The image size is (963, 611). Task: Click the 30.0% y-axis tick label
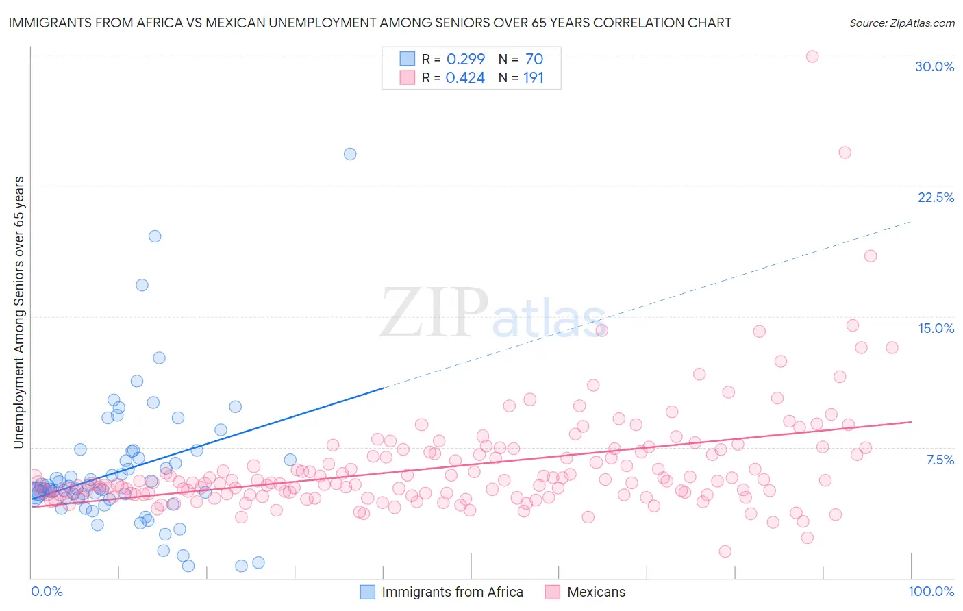coord(934,66)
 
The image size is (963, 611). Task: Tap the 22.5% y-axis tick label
coord(936,197)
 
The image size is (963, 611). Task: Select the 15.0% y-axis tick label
coord(936,328)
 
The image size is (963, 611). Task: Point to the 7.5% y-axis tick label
coord(940,460)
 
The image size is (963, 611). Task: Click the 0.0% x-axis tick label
coord(47,591)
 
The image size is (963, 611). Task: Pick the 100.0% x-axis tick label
coord(931,591)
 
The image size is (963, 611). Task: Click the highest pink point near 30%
coord(812,56)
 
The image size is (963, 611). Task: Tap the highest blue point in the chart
coord(350,154)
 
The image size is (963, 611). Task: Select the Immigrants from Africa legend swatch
coord(368,592)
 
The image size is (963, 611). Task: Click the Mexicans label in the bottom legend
coord(596,592)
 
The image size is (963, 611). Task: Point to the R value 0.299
coord(465,59)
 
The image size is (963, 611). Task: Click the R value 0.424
coord(465,78)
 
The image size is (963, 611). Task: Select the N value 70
coord(534,59)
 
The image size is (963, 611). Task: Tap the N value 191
coord(534,78)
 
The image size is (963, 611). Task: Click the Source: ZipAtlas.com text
coord(901,23)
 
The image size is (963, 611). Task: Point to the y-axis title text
coord(18,312)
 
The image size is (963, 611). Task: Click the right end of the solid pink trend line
coord(911,422)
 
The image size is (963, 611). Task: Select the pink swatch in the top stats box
coord(408,77)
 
